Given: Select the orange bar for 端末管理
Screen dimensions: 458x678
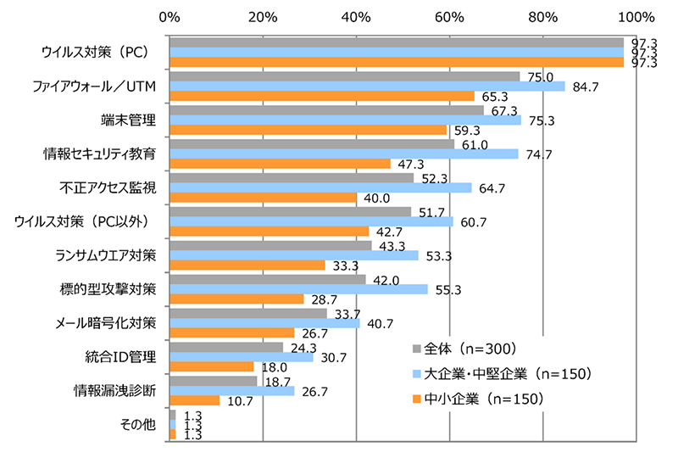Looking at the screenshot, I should pos(308,130).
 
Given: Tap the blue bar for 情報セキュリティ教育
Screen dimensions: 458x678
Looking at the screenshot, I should pos(343,154).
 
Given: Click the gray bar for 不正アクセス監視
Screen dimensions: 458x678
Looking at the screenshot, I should pos(292,177).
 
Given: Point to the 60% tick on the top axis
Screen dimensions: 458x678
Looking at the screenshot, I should pos(449,16).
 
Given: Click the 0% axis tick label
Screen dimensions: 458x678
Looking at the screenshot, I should pos(169,16).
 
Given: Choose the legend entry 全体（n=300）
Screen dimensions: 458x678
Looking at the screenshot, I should pos(469,348).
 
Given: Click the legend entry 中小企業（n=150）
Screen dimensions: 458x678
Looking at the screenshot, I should pos(481,398).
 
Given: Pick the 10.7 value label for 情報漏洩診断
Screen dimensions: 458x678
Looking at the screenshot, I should pos(241,400).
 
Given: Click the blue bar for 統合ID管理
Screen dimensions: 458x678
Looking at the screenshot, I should pos(242,357).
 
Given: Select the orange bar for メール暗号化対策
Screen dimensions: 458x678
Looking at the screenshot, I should pos(231,332).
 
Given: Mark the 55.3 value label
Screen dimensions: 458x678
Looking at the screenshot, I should pos(450,289).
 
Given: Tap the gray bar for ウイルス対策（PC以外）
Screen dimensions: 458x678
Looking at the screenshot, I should pos(290,211).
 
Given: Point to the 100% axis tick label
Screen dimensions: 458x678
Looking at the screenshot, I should pos(636,16).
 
